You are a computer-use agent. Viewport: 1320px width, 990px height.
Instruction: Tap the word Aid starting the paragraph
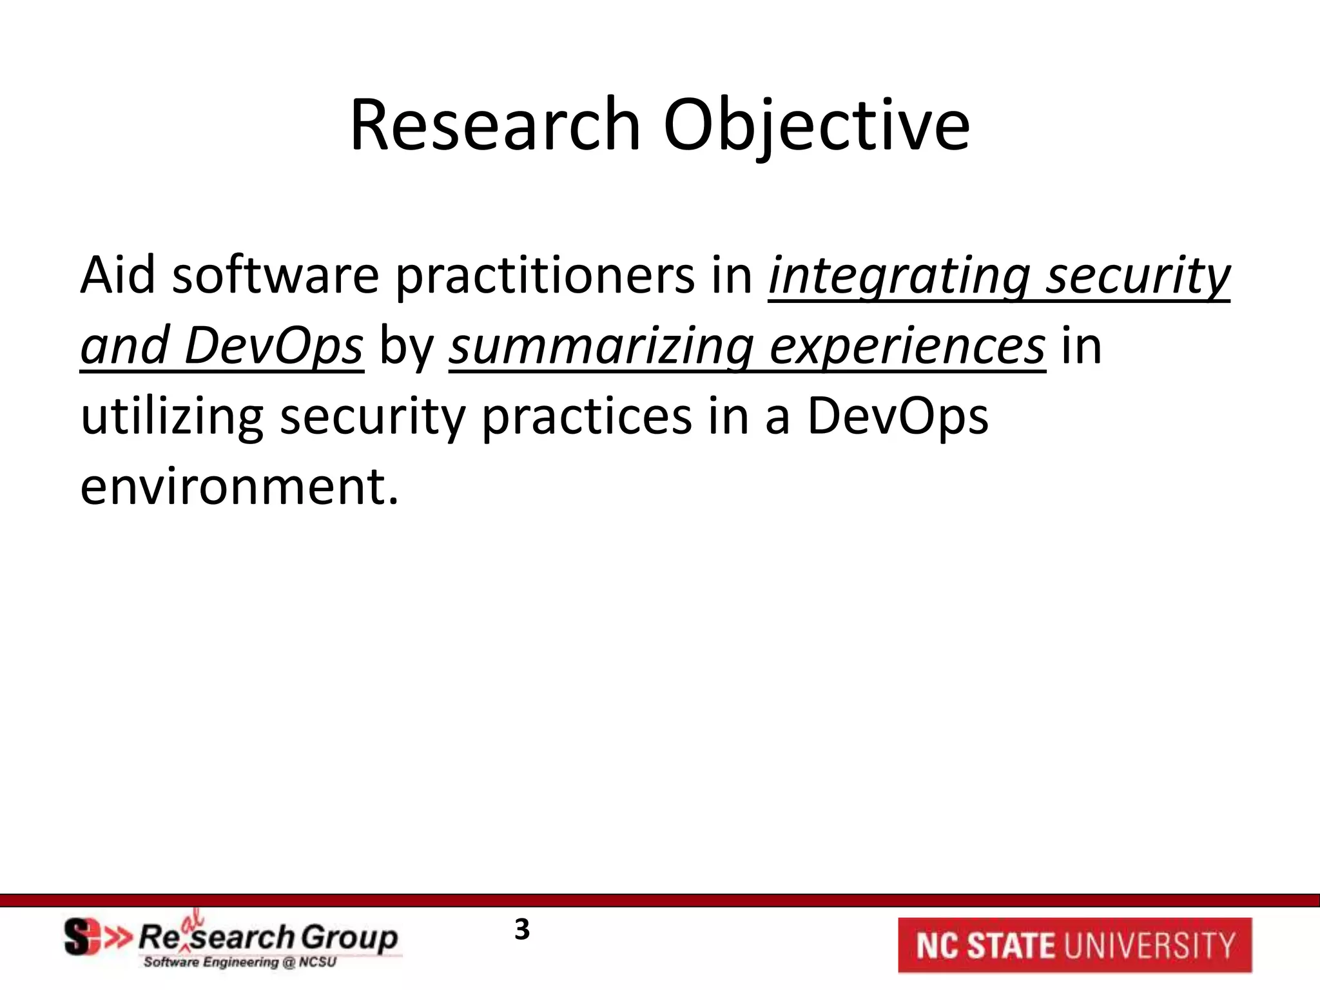click(x=117, y=276)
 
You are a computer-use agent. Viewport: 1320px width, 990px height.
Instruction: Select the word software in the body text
click(x=275, y=276)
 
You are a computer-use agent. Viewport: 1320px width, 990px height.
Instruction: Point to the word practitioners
click(x=545, y=276)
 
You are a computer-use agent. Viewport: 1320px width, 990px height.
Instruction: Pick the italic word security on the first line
click(x=1138, y=276)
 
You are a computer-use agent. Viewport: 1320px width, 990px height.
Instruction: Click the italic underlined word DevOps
click(x=273, y=347)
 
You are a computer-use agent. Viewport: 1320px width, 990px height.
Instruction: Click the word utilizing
click(x=171, y=417)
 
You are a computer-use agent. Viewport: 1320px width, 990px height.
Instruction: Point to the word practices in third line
click(x=587, y=417)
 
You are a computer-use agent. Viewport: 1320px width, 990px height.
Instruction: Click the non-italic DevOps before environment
click(x=897, y=417)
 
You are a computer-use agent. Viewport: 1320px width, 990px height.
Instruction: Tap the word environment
click(x=239, y=487)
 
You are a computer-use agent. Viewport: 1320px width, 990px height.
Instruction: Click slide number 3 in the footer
click(x=522, y=930)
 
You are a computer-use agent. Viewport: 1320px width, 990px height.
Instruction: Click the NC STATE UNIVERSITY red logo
click(x=1074, y=945)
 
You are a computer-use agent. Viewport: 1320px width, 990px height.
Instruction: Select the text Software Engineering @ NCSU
click(x=240, y=963)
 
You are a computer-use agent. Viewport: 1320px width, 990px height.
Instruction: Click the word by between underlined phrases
click(x=406, y=347)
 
